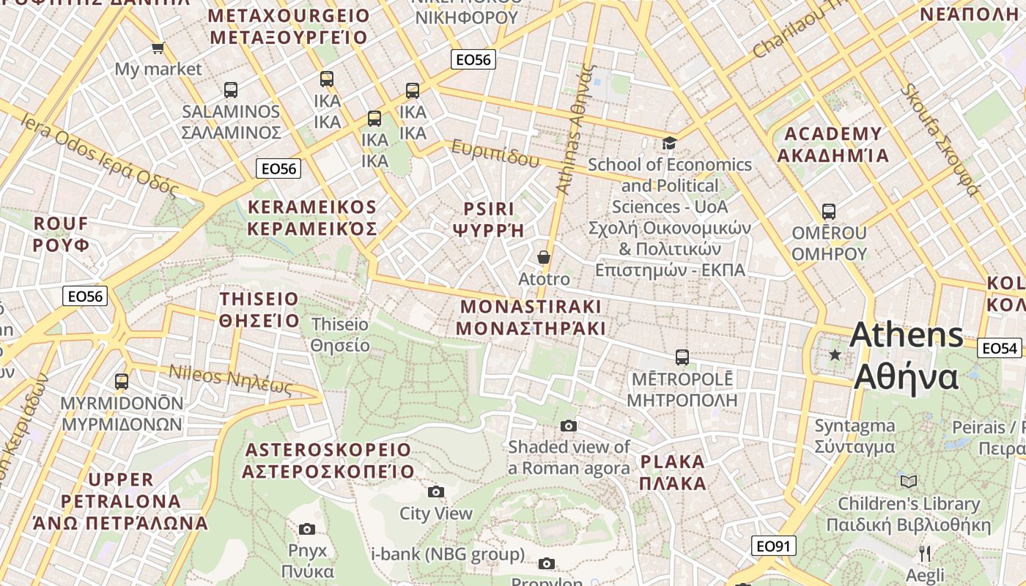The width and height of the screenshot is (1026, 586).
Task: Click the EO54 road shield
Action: pos(1000,348)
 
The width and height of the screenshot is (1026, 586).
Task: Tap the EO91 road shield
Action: pos(773,546)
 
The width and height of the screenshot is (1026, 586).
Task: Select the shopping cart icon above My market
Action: pos(158,48)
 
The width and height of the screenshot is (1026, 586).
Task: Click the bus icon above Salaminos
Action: pos(231,90)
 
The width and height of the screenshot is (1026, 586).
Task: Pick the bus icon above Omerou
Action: pos(829,212)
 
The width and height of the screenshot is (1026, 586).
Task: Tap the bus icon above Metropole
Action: pos(682,357)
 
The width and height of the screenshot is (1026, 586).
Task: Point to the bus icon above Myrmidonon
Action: pos(122,382)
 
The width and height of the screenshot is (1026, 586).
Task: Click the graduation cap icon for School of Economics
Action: pos(669,143)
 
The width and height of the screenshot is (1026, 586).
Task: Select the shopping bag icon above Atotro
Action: pos(544,257)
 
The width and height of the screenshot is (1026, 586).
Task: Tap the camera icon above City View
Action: pos(436,492)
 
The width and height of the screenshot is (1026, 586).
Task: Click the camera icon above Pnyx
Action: pos(307,529)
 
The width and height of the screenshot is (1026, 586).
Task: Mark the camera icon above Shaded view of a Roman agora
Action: pos(569,426)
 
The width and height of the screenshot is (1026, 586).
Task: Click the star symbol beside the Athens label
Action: pos(835,355)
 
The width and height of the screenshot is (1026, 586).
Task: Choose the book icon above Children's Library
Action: pos(909,481)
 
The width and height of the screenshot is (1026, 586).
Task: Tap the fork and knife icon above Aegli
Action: pos(925,553)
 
